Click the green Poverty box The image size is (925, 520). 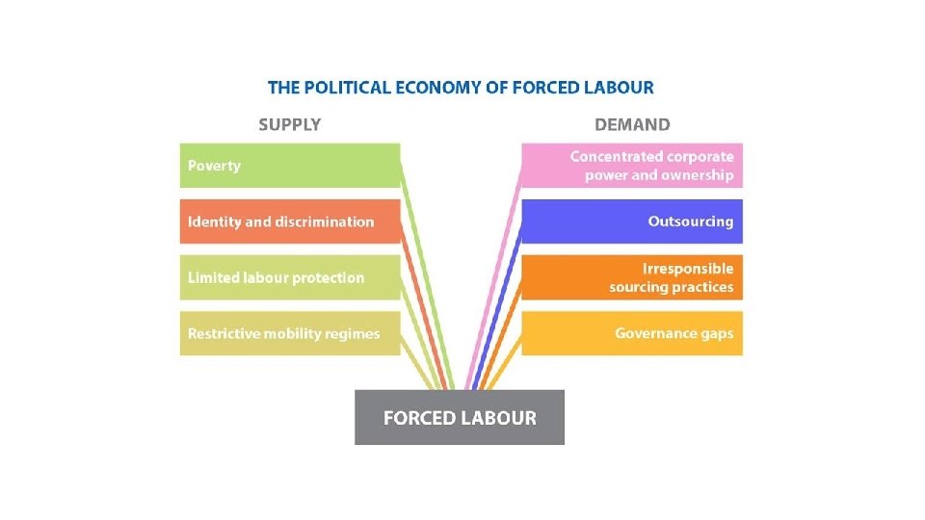[289, 166]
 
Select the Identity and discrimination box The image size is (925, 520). [289, 221]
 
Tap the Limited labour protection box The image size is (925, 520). [289, 277]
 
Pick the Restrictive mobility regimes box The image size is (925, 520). [289, 333]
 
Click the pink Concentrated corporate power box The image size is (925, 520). [633, 166]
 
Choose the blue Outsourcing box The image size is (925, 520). [633, 221]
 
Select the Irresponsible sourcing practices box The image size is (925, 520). [633, 277]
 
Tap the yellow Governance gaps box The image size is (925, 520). [633, 333]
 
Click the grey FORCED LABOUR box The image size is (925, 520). [460, 418]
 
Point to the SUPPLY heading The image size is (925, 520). [289, 124]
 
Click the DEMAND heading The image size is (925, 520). [632, 124]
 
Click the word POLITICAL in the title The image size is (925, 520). [342, 88]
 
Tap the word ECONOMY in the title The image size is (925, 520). [435, 88]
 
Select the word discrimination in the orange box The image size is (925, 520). [324, 221]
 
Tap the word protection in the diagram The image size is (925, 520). [328, 278]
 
